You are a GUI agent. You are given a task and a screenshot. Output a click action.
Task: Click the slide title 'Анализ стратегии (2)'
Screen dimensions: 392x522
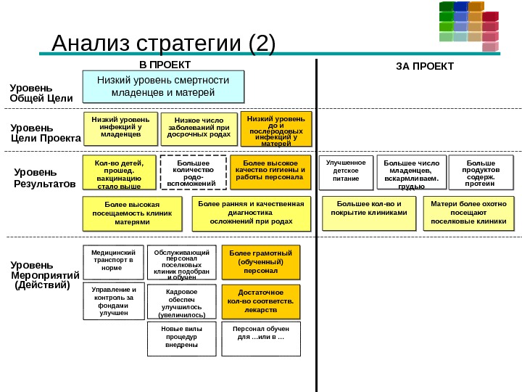pyautogui.click(x=164, y=44)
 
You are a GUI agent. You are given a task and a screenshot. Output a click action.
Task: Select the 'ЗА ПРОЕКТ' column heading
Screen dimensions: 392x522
pyautogui.click(x=424, y=66)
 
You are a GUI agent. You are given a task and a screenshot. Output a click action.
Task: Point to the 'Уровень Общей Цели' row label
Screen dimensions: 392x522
pyautogui.click(x=41, y=92)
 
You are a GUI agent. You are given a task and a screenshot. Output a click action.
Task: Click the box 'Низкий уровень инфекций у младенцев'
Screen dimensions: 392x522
pyautogui.click(x=120, y=128)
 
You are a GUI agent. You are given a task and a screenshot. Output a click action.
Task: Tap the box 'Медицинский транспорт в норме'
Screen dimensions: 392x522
pyautogui.click(x=113, y=263)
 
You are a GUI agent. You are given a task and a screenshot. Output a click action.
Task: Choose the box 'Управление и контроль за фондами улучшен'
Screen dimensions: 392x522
pyautogui.click(x=114, y=301)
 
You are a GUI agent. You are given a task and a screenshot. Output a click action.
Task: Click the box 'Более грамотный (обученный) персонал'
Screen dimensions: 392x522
pyautogui.click(x=260, y=263)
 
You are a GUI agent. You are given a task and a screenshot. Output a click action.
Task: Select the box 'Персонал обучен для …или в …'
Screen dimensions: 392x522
pyautogui.click(x=260, y=339)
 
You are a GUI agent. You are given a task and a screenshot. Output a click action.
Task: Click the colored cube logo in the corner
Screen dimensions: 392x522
pyautogui.click(x=469, y=25)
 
